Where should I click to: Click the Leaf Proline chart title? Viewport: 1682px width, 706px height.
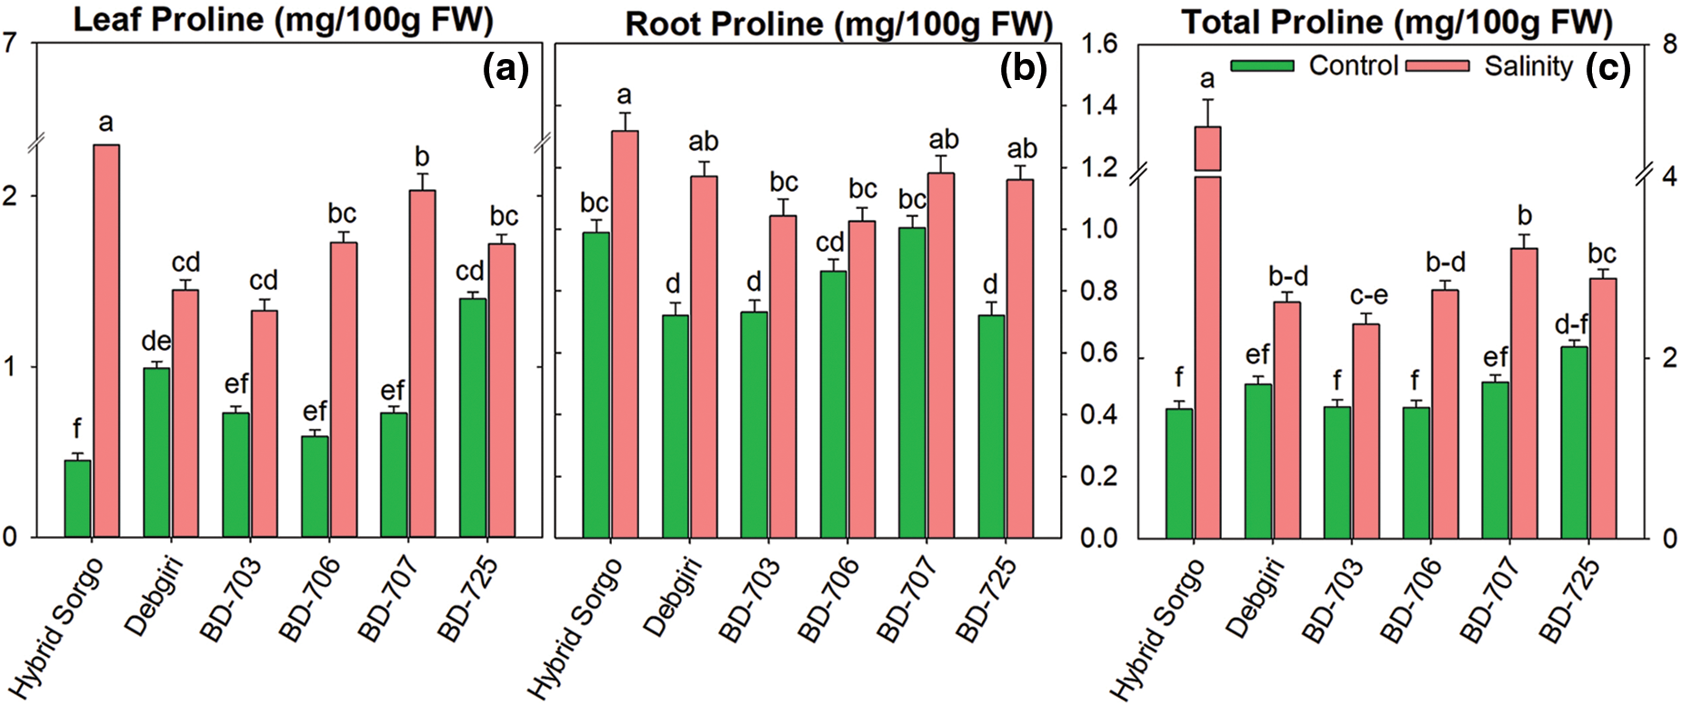click(x=283, y=19)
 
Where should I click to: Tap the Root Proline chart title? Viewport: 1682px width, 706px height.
click(x=838, y=24)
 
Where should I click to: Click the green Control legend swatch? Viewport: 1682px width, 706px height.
click(x=1262, y=65)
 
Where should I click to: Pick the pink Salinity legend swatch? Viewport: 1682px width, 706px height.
click(x=1437, y=65)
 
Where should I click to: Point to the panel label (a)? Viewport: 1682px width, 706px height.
click(x=506, y=68)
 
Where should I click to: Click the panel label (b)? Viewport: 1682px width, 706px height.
click(x=1024, y=68)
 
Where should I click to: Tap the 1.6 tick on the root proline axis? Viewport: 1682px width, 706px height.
click(x=1098, y=44)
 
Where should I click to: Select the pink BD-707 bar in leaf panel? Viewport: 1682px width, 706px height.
click(x=422, y=363)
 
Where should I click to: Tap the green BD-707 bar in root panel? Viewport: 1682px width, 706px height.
click(x=912, y=382)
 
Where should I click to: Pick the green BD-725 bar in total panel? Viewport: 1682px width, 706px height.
click(x=1574, y=442)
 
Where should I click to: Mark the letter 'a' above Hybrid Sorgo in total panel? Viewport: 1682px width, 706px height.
click(x=1207, y=80)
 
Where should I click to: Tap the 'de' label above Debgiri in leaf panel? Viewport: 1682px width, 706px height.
click(x=156, y=342)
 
